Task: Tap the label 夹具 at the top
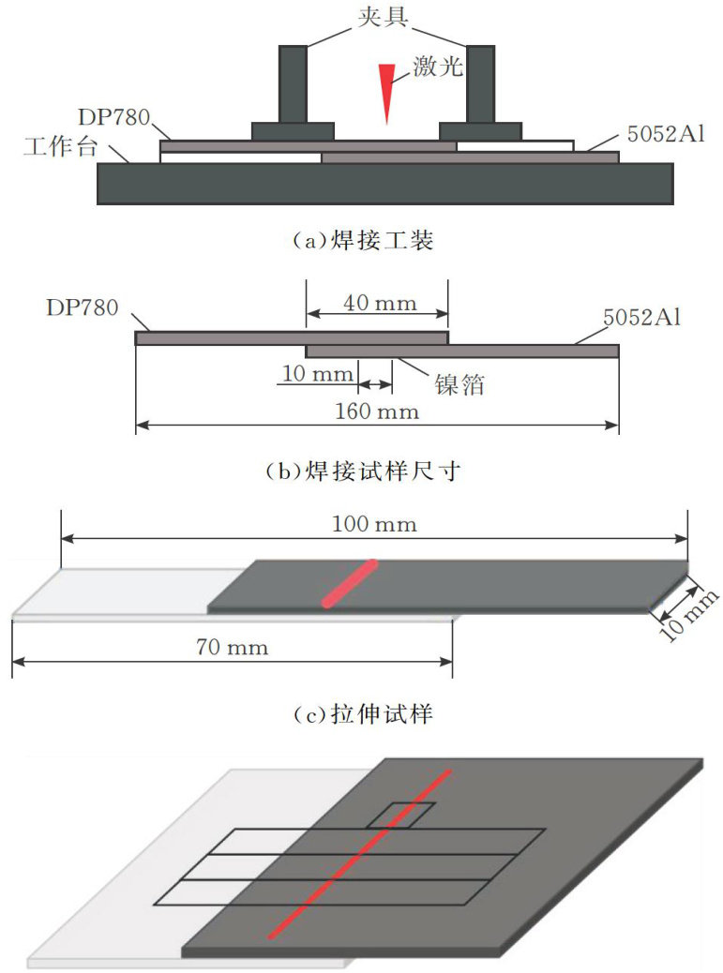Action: [383, 17]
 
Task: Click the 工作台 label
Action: [61, 146]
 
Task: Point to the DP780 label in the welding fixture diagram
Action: [114, 117]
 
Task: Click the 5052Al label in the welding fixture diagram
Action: [666, 134]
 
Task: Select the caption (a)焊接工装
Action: [362, 240]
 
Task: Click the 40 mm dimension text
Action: [380, 304]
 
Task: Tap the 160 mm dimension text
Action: [377, 412]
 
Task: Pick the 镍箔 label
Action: [459, 384]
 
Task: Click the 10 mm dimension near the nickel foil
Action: [318, 374]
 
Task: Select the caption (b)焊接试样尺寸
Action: [362, 472]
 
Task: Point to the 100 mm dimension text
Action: [374, 524]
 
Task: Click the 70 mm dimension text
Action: [233, 647]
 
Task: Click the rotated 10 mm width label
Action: [688, 614]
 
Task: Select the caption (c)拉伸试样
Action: [362, 714]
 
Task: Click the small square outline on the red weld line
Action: [400, 816]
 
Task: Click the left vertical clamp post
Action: [293, 83]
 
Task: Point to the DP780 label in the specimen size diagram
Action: [82, 307]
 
